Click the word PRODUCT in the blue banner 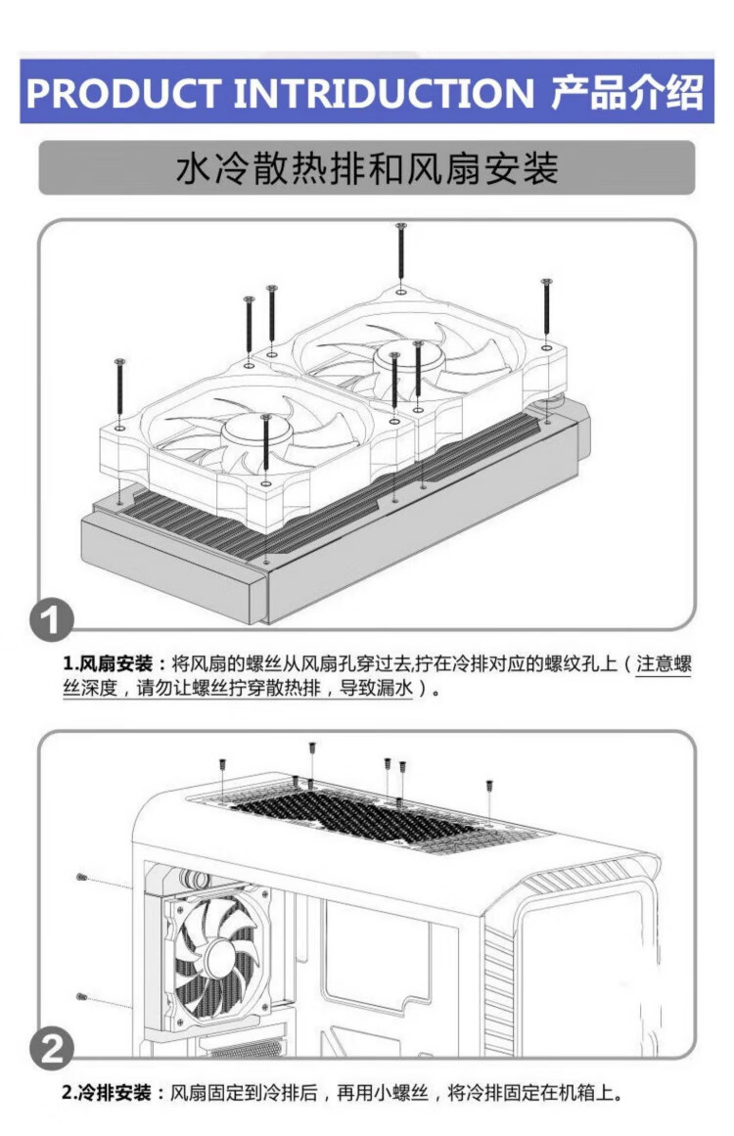coord(123,94)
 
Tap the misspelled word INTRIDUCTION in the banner coord(384,94)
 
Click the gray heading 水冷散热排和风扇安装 coord(367,168)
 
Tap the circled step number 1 coord(52,620)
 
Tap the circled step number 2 coord(52,1048)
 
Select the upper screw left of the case coord(82,878)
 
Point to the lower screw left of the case coord(82,997)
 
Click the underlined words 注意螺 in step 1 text coord(664,663)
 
